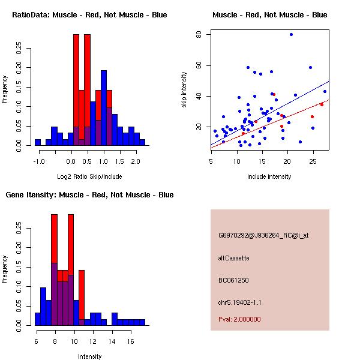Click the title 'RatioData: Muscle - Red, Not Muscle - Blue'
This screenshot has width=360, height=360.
(x=89, y=15)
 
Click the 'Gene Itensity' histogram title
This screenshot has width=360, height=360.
(x=89, y=195)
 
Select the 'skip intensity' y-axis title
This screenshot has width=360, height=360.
(x=184, y=90)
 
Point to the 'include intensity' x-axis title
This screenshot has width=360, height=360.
(x=269, y=176)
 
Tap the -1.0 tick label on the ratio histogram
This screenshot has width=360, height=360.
(x=40, y=161)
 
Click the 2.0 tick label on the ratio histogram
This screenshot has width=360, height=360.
(x=136, y=161)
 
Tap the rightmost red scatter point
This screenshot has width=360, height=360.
(x=322, y=104)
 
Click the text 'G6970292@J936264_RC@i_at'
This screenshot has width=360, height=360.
(x=263, y=236)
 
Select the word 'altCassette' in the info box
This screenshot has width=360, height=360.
(x=233, y=258)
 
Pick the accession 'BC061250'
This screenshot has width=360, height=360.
(x=233, y=280)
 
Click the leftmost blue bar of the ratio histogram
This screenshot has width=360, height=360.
(x=37, y=142)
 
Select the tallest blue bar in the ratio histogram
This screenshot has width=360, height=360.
(x=104, y=108)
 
